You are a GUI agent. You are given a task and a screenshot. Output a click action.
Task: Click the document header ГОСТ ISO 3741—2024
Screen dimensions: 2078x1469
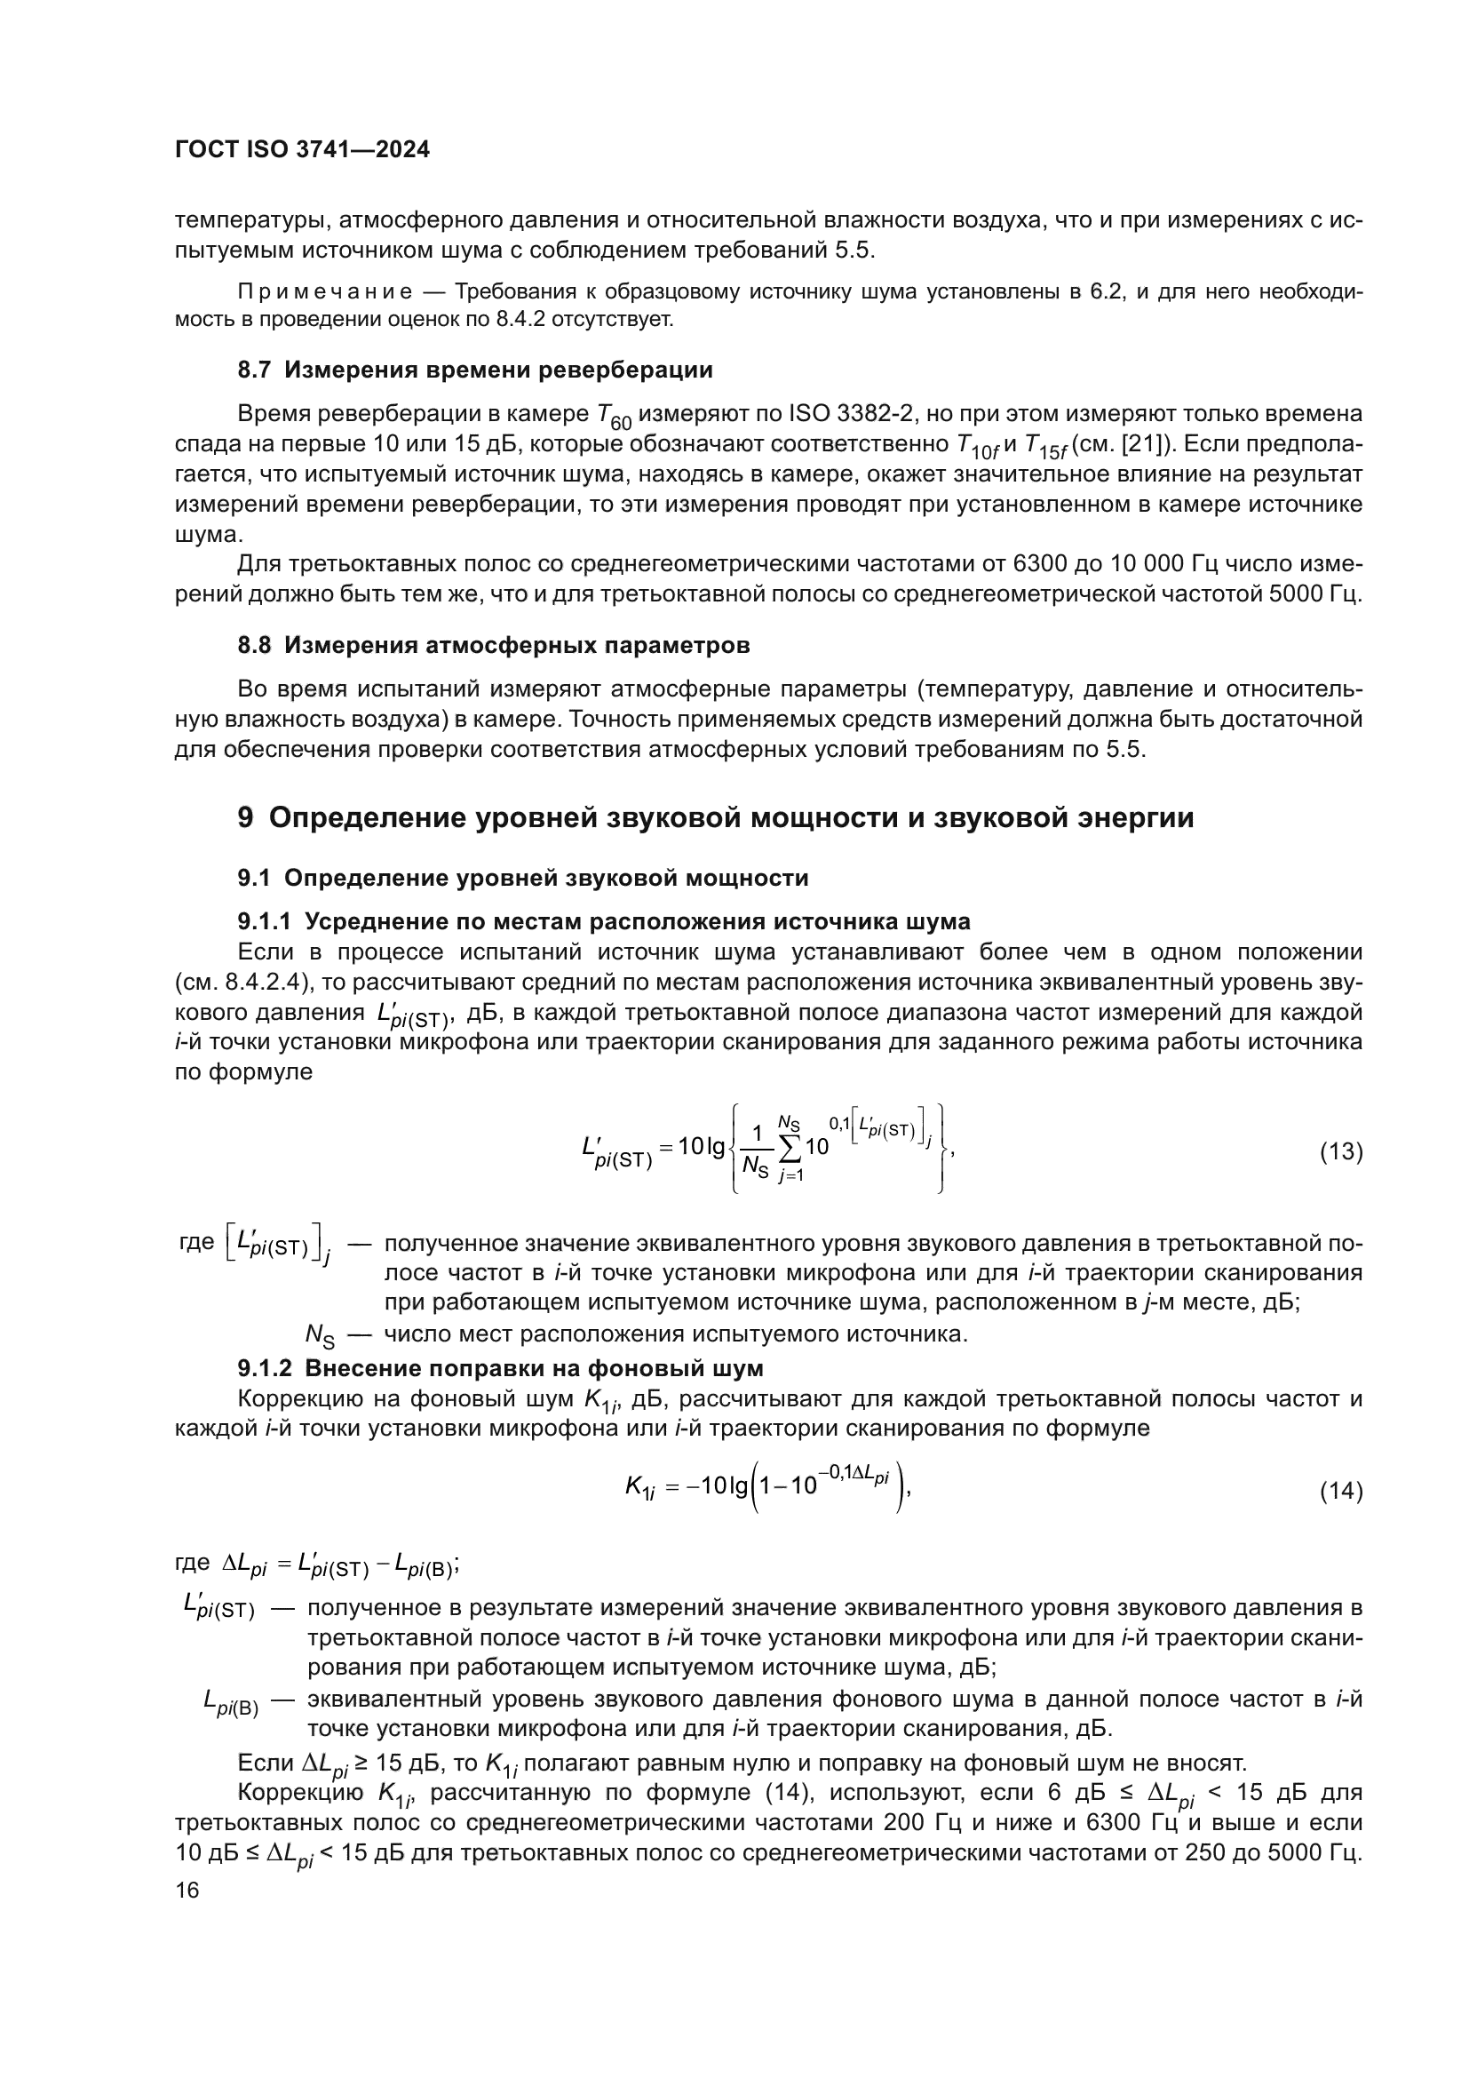pos(302,150)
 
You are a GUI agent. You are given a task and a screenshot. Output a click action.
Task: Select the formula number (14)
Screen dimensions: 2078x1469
pos(1340,1491)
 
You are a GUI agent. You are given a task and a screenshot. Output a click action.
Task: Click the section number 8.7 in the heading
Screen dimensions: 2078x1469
pos(255,370)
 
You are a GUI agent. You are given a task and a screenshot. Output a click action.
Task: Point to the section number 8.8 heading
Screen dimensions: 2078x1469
pos(255,645)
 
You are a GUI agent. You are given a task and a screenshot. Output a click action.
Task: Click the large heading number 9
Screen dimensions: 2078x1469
pos(246,818)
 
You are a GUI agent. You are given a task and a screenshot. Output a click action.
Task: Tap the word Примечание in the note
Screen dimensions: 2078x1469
pos(325,292)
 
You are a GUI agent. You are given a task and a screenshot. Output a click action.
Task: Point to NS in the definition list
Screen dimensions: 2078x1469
pos(321,1336)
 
